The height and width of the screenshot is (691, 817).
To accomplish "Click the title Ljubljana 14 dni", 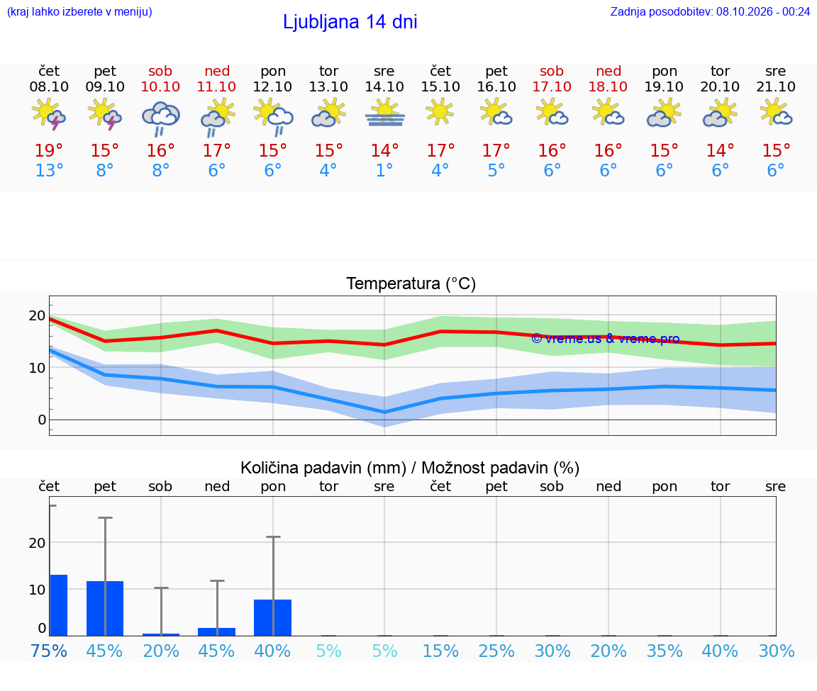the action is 350,22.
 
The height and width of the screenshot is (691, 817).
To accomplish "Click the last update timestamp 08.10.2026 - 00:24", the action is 763,11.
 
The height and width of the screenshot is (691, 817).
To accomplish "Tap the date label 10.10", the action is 160,87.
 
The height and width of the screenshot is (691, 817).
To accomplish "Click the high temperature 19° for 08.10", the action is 48,150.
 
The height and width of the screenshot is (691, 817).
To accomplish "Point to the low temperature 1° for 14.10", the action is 384,170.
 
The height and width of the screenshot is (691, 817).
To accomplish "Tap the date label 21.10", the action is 776,87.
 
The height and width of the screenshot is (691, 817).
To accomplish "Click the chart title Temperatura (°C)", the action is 411,283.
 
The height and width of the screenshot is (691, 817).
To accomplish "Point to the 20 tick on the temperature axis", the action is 37,315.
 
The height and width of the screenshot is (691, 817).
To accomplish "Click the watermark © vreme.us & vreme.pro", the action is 606,339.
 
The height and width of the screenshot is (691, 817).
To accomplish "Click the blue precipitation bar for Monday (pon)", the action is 272,617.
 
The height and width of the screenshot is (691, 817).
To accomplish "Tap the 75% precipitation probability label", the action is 48,651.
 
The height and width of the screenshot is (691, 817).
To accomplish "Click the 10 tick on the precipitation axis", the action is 37,590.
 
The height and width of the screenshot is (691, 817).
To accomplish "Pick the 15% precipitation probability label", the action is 441,651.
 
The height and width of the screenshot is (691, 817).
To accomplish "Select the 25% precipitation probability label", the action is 496,651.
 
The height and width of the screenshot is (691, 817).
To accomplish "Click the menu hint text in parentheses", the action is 79,11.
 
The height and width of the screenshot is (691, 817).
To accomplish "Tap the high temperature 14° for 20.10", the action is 720,150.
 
